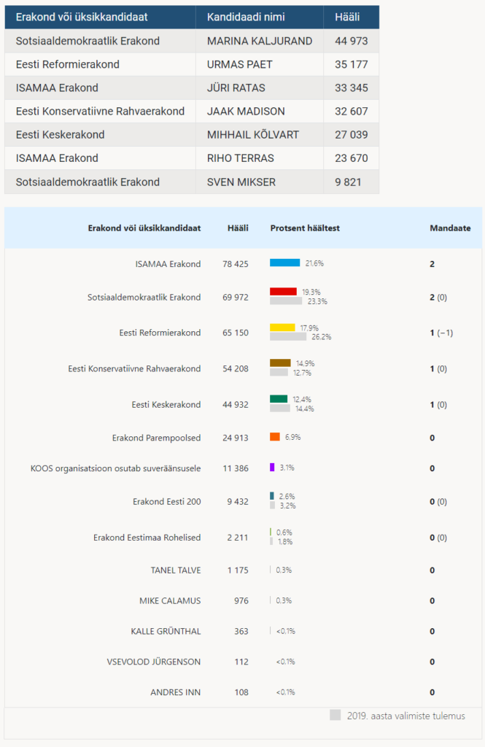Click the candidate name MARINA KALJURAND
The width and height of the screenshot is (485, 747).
(x=260, y=41)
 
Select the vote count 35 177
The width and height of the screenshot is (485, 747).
(x=351, y=64)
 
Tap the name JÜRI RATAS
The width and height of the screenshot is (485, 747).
(x=236, y=88)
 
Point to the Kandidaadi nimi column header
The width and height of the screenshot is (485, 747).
(x=246, y=18)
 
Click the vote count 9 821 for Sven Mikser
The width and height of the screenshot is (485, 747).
(x=349, y=182)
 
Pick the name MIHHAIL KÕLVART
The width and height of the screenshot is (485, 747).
(x=253, y=135)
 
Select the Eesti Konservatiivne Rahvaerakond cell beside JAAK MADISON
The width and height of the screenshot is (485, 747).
(x=100, y=112)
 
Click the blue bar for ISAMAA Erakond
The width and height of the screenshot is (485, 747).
(x=285, y=263)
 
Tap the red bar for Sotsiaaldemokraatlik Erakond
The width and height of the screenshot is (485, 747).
(x=284, y=292)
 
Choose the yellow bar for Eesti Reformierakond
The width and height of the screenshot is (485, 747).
(x=282, y=328)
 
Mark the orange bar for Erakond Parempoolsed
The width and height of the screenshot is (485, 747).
(x=275, y=437)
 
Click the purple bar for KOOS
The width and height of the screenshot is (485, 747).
(x=272, y=468)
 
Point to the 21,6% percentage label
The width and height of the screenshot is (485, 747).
(x=314, y=263)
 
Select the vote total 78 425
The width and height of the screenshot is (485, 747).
(x=236, y=264)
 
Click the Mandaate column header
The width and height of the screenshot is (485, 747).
(x=450, y=228)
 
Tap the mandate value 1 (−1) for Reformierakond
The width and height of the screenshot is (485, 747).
(x=441, y=333)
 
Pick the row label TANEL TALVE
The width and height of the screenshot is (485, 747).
(x=176, y=570)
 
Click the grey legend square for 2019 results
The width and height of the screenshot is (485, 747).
(x=335, y=715)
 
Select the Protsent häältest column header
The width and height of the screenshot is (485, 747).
(x=305, y=228)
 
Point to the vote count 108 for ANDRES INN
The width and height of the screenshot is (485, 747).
(x=241, y=692)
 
